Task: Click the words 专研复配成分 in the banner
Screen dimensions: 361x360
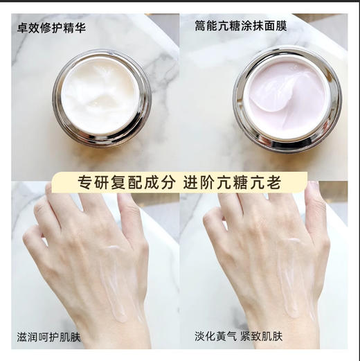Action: [x=127, y=184]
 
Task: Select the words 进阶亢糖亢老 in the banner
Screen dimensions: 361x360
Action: [x=231, y=184]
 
